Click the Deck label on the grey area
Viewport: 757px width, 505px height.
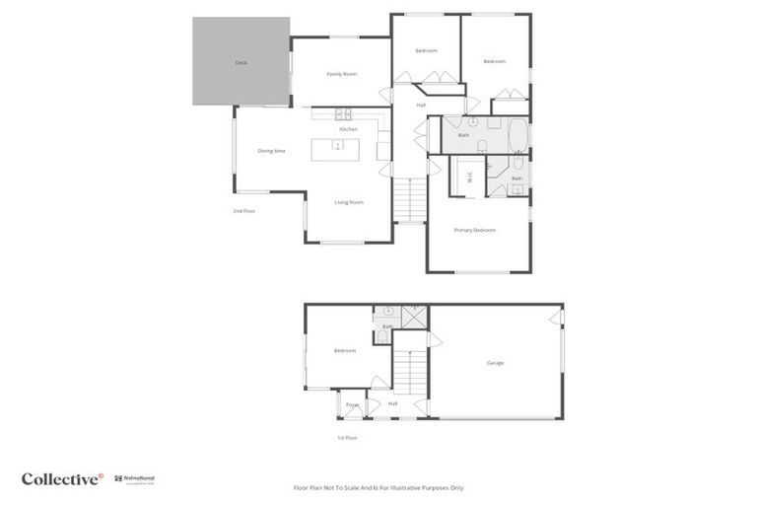(241, 62)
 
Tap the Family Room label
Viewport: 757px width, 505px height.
(341, 74)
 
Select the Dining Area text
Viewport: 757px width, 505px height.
(271, 151)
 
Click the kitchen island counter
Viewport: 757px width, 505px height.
(336, 150)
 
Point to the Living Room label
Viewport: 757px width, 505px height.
(349, 202)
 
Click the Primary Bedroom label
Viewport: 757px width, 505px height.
(474, 230)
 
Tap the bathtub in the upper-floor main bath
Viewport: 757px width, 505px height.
(518, 133)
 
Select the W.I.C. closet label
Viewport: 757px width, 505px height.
(470, 178)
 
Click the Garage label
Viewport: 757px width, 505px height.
(495, 363)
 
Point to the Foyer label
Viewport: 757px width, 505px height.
(352, 404)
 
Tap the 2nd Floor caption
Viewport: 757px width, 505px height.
(243, 211)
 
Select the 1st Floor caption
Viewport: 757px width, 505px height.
(347, 438)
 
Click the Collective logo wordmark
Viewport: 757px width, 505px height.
(62, 479)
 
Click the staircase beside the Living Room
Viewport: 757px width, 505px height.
(408, 201)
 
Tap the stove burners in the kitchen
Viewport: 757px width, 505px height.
(343, 112)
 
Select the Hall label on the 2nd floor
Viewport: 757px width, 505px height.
(421, 105)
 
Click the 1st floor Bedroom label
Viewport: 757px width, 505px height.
(344, 350)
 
